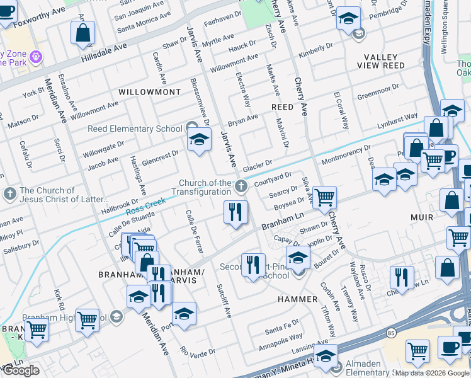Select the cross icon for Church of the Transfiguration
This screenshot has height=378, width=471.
(x=241, y=186)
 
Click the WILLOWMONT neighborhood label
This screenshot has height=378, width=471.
(x=149, y=92)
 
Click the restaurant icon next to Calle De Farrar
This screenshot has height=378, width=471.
(x=235, y=212)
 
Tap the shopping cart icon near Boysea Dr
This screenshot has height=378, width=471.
(x=324, y=197)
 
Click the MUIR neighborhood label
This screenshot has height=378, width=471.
(x=421, y=217)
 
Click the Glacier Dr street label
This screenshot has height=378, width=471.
(x=257, y=165)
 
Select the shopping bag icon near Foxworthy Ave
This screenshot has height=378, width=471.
(x=83, y=33)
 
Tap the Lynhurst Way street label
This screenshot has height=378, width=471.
(x=397, y=120)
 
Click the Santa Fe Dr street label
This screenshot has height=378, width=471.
(x=281, y=328)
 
